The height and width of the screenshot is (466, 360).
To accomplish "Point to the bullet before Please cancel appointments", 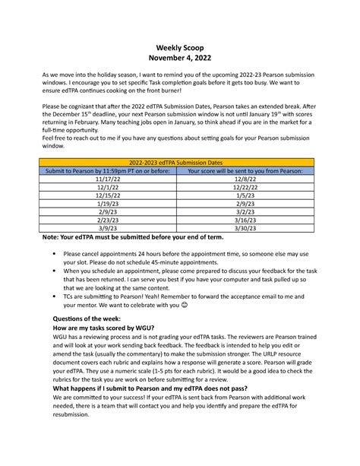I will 51,253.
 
